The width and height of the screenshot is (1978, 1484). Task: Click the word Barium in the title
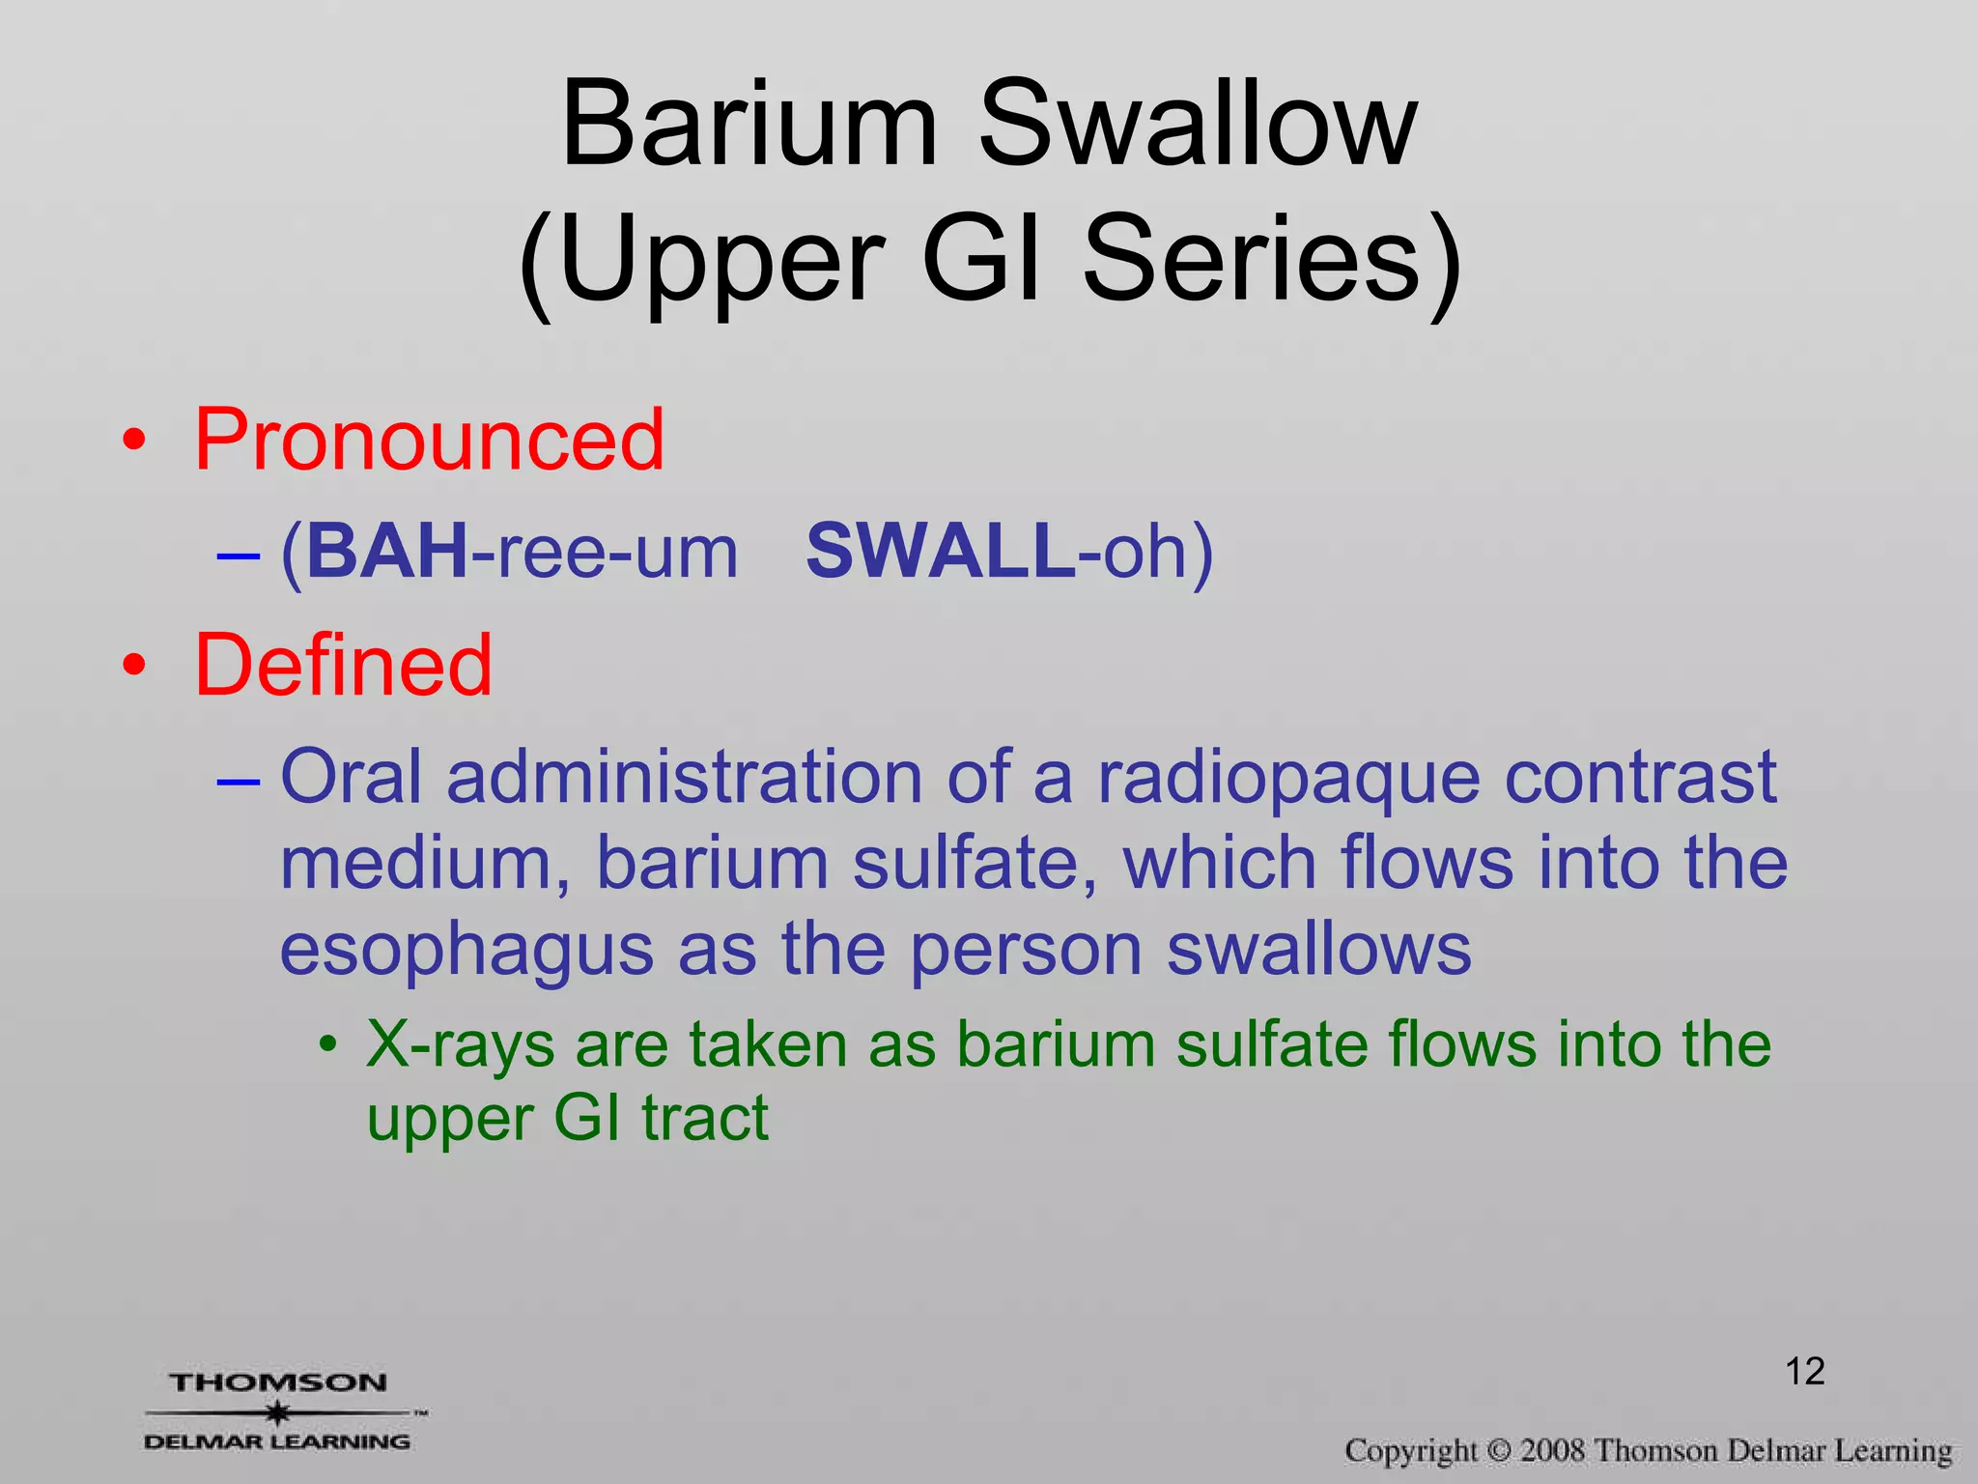(x=749, y=126)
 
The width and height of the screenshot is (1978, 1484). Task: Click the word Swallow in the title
(x=1198, y=126)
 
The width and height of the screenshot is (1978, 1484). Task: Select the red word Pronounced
(x=430, y=440)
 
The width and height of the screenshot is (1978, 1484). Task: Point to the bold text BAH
(x=386, y=552)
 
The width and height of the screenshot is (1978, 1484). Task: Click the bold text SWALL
(x=940, y=552)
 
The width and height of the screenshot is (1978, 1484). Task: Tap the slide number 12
(x=1804, y=1371)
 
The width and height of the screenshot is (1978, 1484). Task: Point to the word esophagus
(x=466, y=951)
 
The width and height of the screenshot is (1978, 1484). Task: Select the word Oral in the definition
(x=351, y=777)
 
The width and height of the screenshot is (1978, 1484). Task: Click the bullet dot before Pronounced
(x=135, y=441)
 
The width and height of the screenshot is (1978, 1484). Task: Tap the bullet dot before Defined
(x=135, y=666)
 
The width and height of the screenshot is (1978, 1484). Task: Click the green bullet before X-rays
(x=329, y=1045)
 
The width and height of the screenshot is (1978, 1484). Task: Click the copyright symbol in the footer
(x=1498, y=1451)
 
